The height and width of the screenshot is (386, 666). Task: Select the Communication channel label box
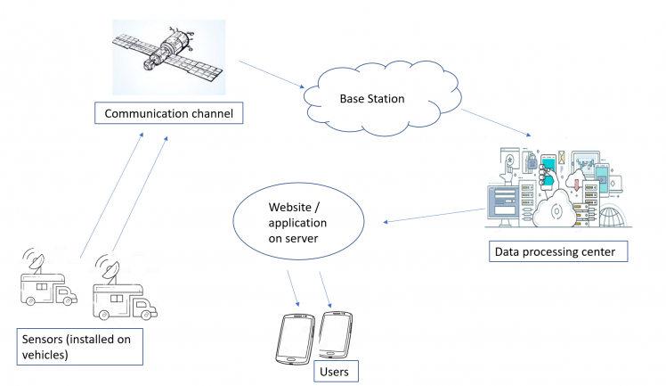(x=169, y=113)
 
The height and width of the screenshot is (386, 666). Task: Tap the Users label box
(x=337, y=369)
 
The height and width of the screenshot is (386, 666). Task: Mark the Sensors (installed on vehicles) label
(x=80, y=347)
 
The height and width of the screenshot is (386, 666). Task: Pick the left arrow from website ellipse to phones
(x=293, y=287)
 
